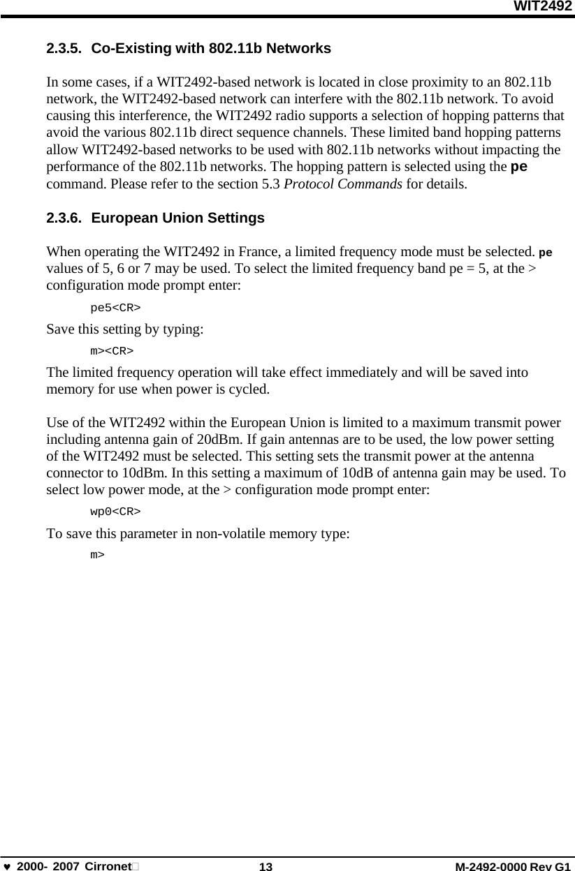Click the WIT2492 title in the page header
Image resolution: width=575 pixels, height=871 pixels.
point(543,7)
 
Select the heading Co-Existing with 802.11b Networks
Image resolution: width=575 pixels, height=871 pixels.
point(211,49)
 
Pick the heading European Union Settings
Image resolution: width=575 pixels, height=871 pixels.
point(177,218)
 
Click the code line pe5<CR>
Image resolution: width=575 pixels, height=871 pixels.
point(115,307)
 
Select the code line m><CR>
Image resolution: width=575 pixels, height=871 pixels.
point(112,350)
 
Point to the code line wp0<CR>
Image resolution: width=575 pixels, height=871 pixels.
point(115,511)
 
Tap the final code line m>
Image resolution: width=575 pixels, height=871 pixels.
point(98,554)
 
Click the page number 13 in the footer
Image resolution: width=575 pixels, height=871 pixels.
point(265,866)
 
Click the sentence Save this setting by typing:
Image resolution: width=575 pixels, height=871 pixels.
point(125,329)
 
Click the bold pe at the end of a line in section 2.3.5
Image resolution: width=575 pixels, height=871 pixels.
point(520,167)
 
